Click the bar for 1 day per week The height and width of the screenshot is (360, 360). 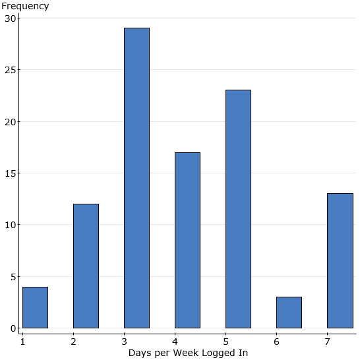click(35, 307)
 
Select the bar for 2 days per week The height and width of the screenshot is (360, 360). click(86, 266)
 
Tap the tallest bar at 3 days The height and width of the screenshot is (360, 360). click(136, 178)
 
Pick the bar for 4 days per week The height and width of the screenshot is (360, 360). click(187, 240)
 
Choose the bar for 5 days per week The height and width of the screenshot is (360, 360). click(238, 209)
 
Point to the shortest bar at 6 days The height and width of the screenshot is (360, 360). click(289, 313)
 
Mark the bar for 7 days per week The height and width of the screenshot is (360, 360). click(340, 260)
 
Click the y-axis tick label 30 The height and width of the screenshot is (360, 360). click(9, 18)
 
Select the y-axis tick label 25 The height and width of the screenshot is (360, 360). click(9, 70)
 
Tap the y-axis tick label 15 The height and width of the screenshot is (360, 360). click(9, 173)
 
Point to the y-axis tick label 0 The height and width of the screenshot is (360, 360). click(13, 328)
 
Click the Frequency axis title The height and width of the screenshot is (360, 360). click(25, 6)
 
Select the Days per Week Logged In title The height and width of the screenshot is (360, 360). click(188, 353)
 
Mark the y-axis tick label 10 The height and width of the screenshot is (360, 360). click(9, 225)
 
